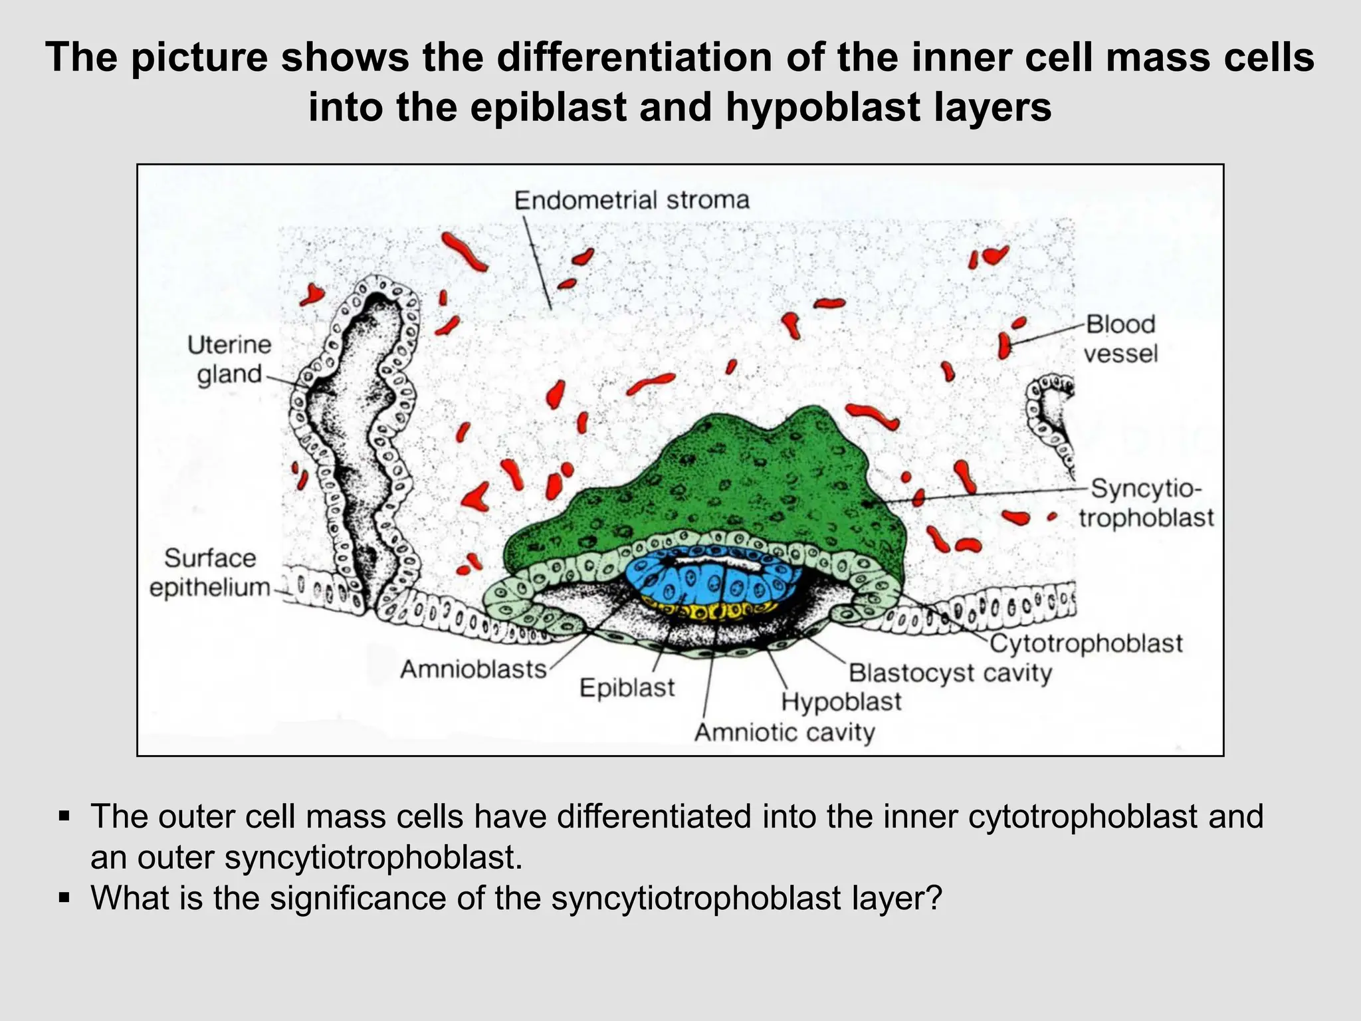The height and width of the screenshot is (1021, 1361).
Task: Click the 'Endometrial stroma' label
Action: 631,200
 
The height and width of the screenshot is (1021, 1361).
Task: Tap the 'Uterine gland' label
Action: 229,360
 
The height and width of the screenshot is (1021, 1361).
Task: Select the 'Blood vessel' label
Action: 1121,338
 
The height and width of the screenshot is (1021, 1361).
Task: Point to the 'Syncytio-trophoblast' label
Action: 1146,503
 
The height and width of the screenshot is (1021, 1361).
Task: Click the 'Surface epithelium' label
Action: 210,572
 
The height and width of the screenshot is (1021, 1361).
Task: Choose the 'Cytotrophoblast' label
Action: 1086,643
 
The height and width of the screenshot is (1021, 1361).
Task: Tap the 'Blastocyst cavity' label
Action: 950,673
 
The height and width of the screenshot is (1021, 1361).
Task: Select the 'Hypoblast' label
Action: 841,702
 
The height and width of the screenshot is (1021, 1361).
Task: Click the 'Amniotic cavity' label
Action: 784,733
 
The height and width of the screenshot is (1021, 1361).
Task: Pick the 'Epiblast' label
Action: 627,687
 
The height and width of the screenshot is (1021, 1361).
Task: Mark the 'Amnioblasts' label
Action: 473,669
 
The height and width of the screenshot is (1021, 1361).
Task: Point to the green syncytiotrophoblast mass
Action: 718,479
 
